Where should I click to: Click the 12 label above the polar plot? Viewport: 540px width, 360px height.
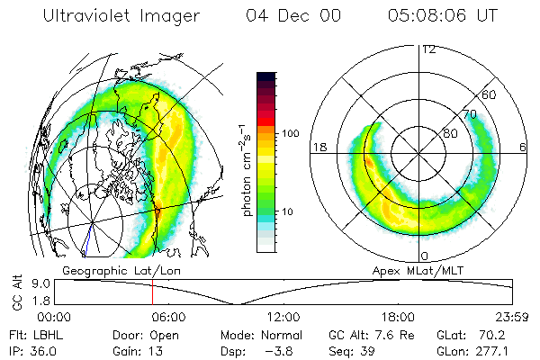point(428,49)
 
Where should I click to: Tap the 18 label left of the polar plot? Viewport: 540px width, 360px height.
point(318,148)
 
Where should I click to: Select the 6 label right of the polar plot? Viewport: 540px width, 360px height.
point(524,148)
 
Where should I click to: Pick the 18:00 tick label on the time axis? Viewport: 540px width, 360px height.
point(398,317)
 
